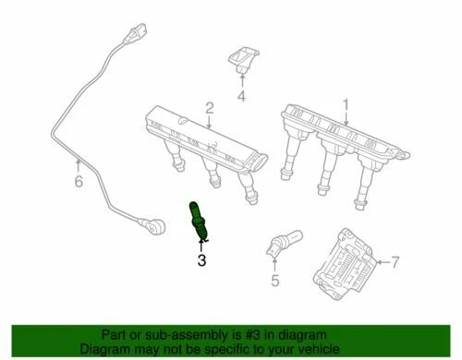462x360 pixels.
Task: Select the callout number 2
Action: point(210,107)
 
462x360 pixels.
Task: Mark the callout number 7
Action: point(395,264)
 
